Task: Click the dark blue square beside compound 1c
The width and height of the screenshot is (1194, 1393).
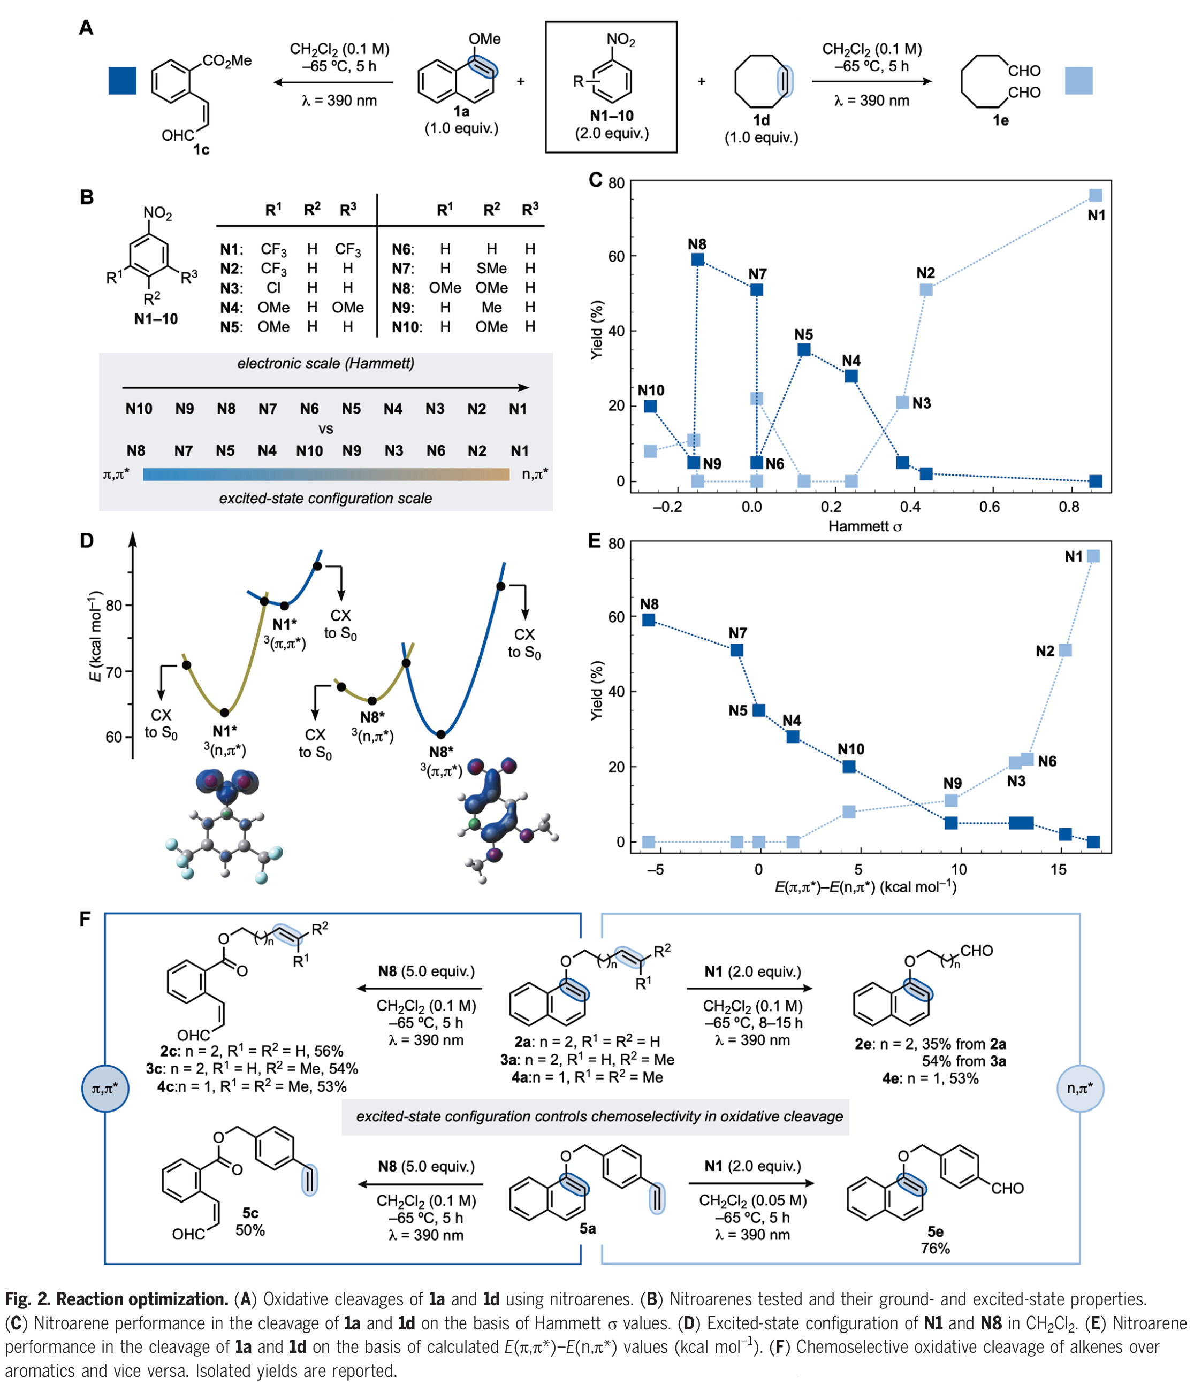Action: [x=123, y=81]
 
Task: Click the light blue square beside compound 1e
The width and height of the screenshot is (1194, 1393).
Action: [x=1078, y=81]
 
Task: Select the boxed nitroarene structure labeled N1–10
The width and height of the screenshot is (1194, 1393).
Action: [x=611, y=87]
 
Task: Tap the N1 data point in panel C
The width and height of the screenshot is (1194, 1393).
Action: [x=1095, y=196]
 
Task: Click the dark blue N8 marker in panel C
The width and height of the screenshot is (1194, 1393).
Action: [x=697, y=259]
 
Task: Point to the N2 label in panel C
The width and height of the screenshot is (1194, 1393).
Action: [x=925, y=273]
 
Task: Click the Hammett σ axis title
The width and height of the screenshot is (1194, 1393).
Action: [x=864, y=526]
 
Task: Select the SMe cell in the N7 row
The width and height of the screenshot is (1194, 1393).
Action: [x=492, y=268]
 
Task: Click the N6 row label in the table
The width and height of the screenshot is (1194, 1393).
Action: [x=403, y=249]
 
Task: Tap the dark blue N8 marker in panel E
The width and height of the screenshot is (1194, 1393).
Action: [x=649, y=620]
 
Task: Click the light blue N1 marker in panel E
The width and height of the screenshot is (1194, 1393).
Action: [x=1093, y=556]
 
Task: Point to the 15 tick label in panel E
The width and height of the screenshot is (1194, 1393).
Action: [x=1058, y=869]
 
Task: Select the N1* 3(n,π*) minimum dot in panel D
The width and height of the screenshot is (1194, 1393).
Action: [x=225, y=713]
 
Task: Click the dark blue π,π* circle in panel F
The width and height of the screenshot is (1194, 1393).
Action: [x=105, y=1088]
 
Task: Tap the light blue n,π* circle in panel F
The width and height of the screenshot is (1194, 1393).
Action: [x=1079, y=1088]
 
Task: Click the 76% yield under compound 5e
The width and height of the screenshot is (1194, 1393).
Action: [x=935, y=1249]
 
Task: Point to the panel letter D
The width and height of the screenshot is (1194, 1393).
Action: [x=87, y=540]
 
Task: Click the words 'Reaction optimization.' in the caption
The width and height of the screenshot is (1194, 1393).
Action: [x=142, y=1299]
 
